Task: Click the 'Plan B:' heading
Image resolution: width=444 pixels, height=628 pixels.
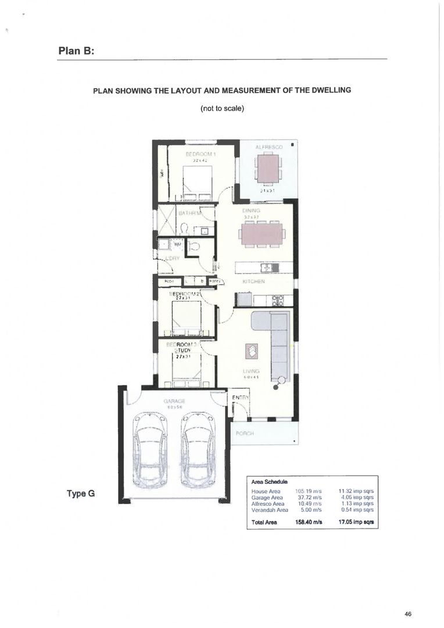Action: [x=76, y=51]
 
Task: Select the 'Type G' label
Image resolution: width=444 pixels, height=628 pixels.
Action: [x=80, y=494]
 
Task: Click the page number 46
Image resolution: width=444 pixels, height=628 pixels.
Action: [x=409, y=613]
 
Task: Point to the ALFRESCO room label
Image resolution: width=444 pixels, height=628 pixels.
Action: [x=268, y=148]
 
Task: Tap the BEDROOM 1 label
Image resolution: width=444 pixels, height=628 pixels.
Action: [x=200, y=154]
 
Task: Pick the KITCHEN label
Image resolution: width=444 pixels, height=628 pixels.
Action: [x=253, y=281]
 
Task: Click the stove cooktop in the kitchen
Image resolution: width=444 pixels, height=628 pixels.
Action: [x=278, y=301]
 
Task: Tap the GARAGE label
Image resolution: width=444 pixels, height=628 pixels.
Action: [x=174, y=401]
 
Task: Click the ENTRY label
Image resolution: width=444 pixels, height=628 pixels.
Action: [x=240, y=398]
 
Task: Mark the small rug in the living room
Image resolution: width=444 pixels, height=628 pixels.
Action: [x=252, y=350]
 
